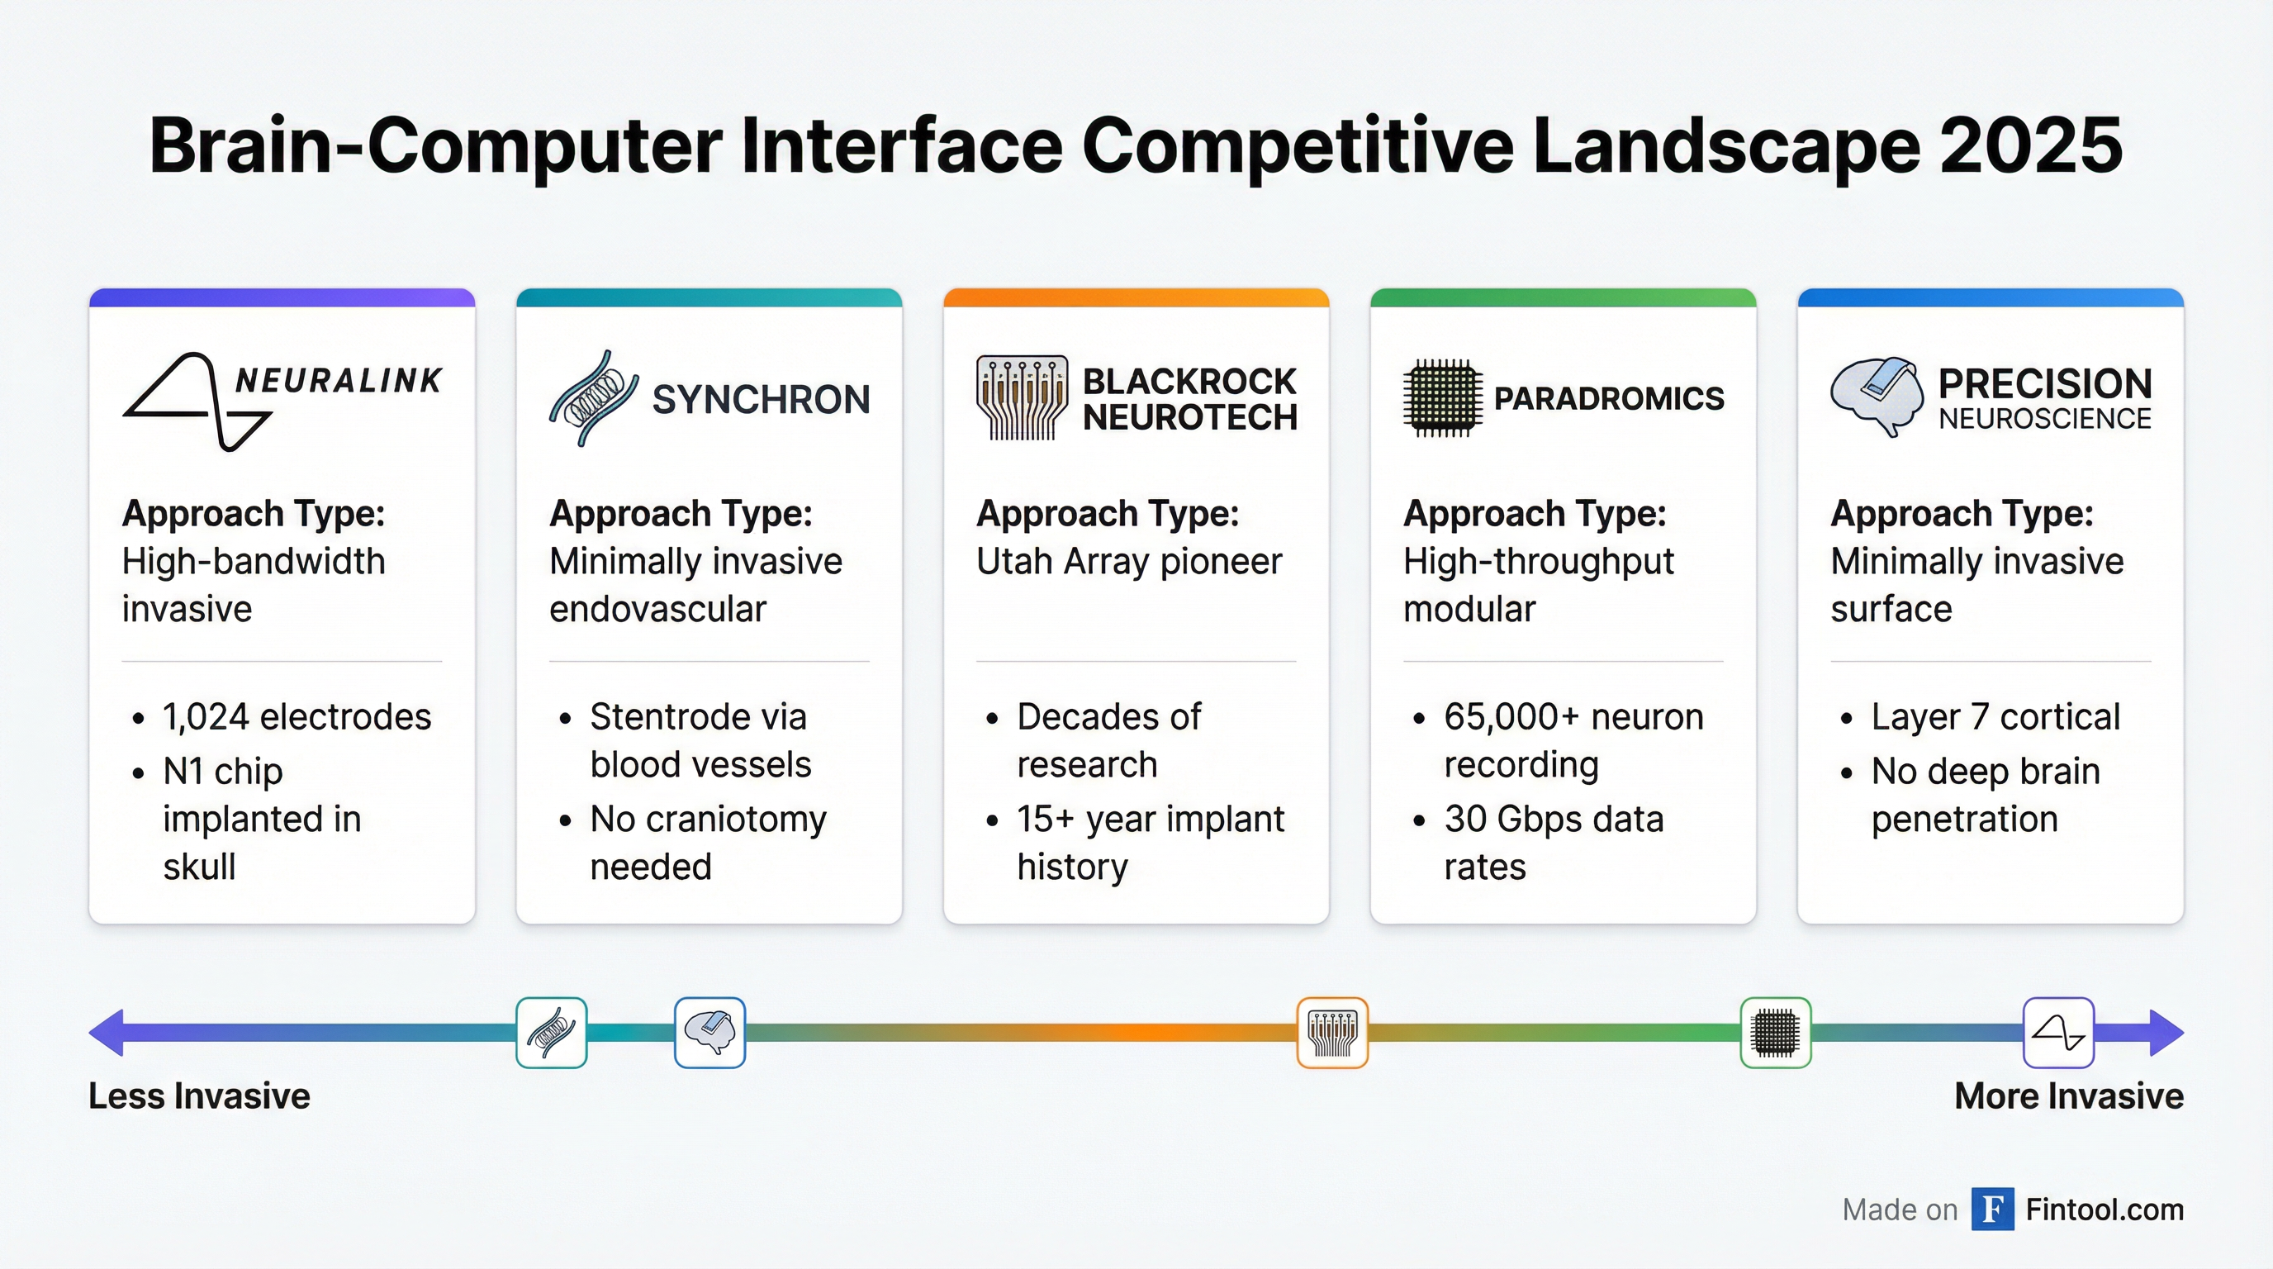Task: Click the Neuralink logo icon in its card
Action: pos(196,402)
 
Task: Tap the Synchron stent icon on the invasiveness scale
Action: pos(552,1033)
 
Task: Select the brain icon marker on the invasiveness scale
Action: pos(709,1033)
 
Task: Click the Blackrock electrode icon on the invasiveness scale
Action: pos(1332,1033)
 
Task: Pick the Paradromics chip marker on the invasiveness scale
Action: pos(1775,1033)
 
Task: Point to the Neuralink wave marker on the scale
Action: pos(2057,1033)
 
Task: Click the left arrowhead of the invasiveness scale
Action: pos(106,1033)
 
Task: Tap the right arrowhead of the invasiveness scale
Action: pos(2166,1033)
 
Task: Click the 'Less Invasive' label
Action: pos(199,1096)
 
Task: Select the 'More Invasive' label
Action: pos(2069,1096)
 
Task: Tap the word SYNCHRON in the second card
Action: pos(761,400)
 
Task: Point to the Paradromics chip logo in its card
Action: pos(1442,398)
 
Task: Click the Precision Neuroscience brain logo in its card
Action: pos(1877,397)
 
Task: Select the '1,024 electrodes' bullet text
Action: pos(297,716)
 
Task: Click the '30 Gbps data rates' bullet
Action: pos(1553,843)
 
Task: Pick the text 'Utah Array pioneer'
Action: pos(1128,561)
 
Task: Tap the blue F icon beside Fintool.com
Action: pos(1992,1209)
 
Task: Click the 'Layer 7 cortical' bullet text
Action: pos(1995,716)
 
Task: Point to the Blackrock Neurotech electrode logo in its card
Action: pos(1022,398)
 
